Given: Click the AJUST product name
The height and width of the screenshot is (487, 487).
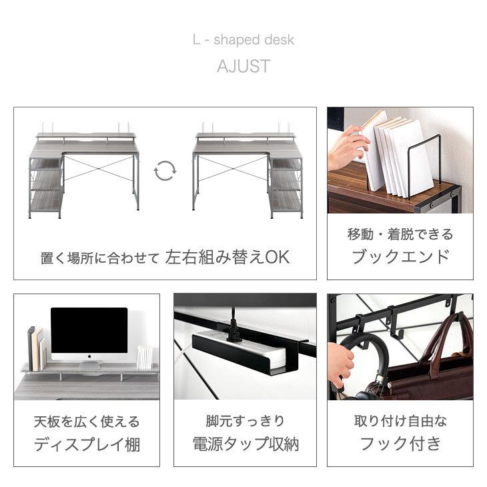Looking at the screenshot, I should pyautogui.click(x=243, y=67).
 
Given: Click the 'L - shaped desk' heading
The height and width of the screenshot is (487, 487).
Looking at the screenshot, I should pyautogui.click(x=243, y=40).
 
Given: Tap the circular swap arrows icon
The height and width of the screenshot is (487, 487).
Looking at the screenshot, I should pyautogui.click(x=165, y=171).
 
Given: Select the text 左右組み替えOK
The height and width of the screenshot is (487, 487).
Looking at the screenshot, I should pyautogui.click(x=227, y=258).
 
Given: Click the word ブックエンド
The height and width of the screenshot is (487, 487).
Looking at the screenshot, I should pyautogui.click(x=400, y=257).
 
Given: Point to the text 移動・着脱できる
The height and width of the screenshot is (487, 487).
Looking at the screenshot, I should pyautogui.click(x=400, y=234).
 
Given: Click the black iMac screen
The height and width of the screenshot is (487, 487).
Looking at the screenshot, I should pyautogui.click(x=89, y=330).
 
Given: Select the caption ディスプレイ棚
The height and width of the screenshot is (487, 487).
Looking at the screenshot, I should pyautogui.click(x=87, y=444).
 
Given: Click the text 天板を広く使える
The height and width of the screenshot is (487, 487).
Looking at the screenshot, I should pyautogui.click(x=87, y=422).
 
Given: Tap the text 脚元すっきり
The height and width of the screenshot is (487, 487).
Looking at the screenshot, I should pyautogui.click(x=245, y=422).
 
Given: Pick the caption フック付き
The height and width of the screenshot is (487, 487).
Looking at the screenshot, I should pyautogui.click(x=400, y=444).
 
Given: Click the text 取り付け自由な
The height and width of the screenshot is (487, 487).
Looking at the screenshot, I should pyautogui.click(x=400, y=422).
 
